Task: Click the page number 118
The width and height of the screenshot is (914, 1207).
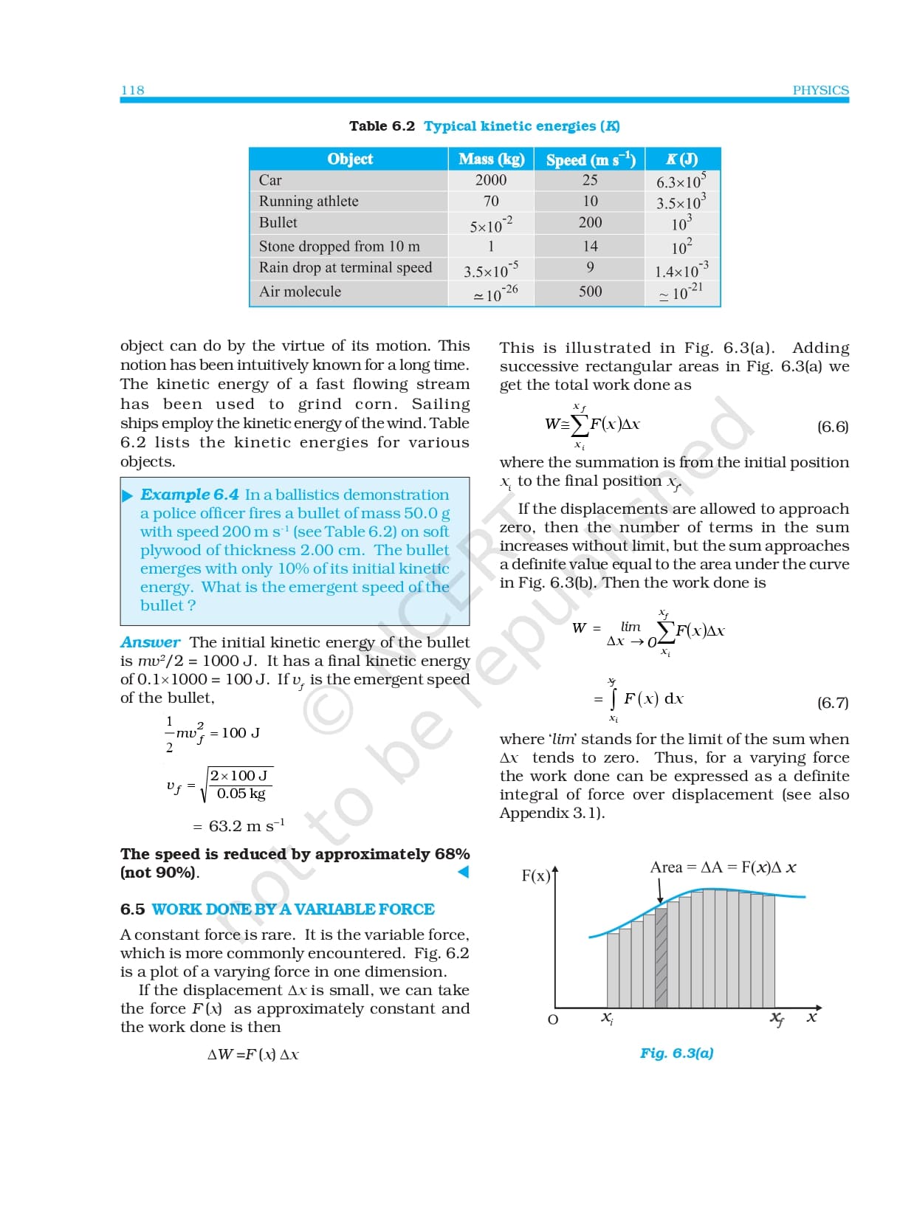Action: [133, 90]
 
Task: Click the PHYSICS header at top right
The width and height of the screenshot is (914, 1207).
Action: [820, 90]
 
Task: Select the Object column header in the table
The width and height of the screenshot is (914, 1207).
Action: [350, 159]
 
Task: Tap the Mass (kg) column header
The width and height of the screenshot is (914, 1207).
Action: [491, 159]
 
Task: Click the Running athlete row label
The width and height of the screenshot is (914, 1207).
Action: [309, 202]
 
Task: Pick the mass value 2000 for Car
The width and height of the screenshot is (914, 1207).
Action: [491, 180]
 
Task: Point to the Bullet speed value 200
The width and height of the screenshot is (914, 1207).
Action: [590, 222]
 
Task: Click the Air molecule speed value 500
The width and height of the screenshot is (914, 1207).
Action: [590, 292]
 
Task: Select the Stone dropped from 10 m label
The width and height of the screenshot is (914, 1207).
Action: [339, 247]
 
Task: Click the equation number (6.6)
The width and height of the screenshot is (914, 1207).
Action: [832, 427]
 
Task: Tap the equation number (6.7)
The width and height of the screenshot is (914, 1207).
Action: [832, 703]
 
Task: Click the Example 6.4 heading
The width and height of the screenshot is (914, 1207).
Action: [189, 495]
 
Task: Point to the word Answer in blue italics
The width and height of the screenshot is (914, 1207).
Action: [151, 642]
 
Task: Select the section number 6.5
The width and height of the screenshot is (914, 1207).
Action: [132, 909]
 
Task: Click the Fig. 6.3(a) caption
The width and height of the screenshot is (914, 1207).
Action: [676, 1053]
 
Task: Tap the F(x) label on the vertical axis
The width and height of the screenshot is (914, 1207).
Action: [536, 876]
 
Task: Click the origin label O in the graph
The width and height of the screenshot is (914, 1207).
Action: [552, 1020]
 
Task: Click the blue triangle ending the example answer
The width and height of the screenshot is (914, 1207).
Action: [463, 872]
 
